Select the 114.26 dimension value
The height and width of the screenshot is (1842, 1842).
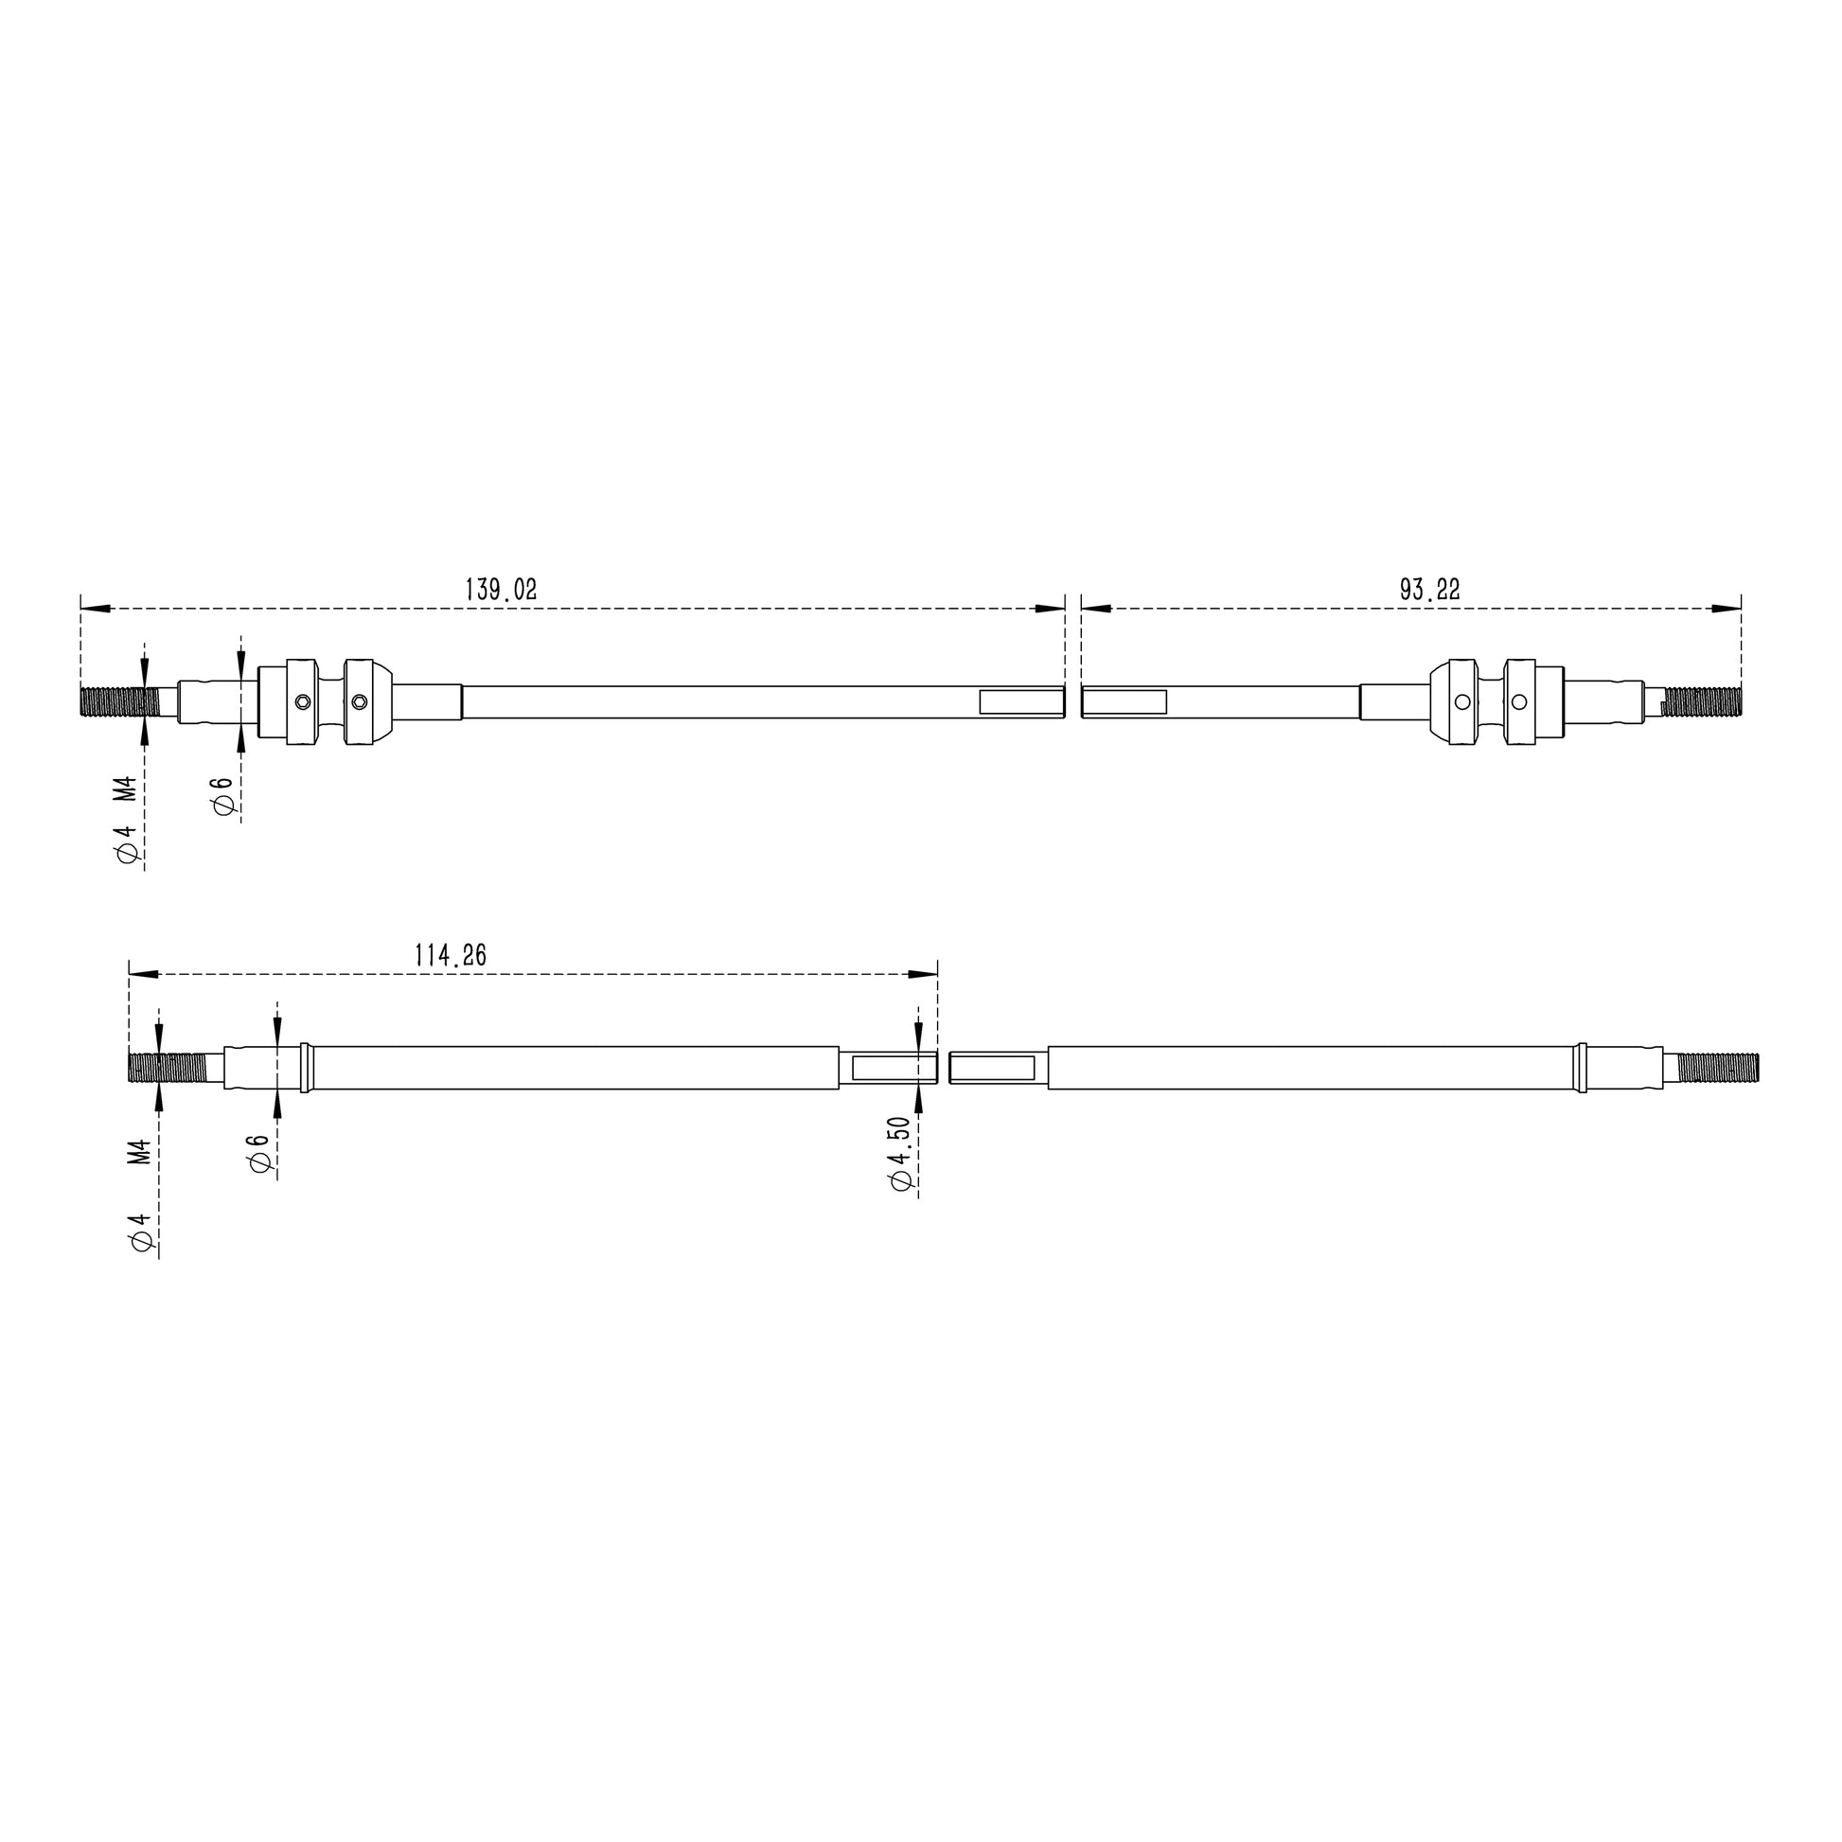[450, 955]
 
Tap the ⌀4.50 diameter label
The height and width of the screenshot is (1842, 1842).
[899, 1155]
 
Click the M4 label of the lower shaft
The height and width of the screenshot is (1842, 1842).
[140, 1152]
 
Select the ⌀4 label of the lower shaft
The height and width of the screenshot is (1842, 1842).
[141, 1233]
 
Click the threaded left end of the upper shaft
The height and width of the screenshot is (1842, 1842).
[118, 703]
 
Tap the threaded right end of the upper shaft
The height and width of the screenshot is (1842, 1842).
[1702, 702]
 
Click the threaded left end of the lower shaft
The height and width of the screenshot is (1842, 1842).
[166, 1067]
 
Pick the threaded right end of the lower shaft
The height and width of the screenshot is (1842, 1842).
[1717, 1067]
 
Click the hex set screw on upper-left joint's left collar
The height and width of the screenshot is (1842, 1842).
[302, 702]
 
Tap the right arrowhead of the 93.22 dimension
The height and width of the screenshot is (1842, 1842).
[1727, 609]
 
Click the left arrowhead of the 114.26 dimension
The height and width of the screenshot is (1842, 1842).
[143, 974]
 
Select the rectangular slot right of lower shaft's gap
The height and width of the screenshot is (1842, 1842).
[994, 1067]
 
